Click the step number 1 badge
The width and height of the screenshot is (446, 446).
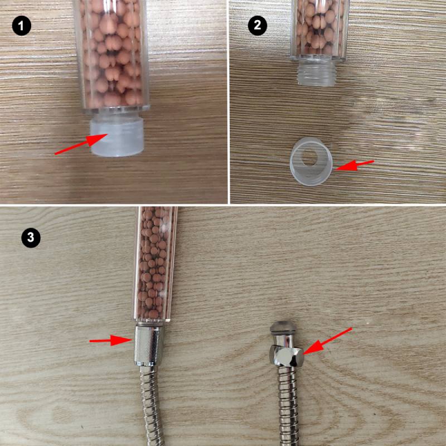point(21,26)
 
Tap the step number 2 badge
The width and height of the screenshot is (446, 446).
point(258,26)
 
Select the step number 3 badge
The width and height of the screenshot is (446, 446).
point(31,238)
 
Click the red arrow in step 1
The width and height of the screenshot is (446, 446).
point(81,144)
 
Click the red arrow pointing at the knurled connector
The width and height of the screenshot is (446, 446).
point(110,340)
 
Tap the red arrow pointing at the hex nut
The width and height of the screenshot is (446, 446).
point(328,341)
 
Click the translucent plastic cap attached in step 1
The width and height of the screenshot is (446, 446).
point(117,137)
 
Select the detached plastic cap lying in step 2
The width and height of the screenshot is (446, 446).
point(311,162)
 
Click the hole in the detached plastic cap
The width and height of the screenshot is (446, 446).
point(310,157)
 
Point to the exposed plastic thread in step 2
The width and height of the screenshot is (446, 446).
point(316,74)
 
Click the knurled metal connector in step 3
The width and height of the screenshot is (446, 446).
point(148,346)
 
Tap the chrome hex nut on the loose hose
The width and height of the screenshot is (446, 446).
point(287,355)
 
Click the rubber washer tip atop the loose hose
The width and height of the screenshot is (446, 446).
point(283,327)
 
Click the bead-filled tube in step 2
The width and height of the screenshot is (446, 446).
point(319,30)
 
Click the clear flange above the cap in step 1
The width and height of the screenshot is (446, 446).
point(116,109)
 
